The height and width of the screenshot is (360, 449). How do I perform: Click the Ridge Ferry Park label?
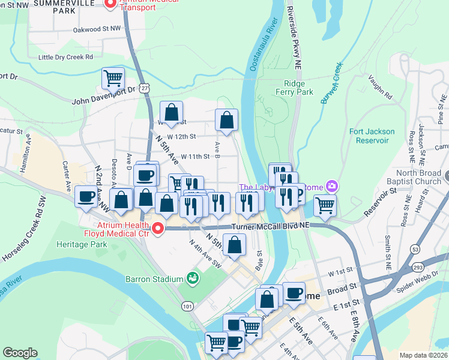point(295,88)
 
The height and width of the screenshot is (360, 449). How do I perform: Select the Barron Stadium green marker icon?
point(193,278)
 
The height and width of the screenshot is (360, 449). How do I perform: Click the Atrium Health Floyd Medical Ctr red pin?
point(158,228)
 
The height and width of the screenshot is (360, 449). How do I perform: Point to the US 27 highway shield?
point(145,88)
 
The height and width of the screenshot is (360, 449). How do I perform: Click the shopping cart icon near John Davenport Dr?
point(113,77)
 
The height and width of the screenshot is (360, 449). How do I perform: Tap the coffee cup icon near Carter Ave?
point(86,197)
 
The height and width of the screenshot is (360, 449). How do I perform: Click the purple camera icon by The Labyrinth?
point(331,187)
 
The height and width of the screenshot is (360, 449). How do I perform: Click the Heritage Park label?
point(82,244)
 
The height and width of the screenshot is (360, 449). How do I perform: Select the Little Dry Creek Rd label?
point(65,57)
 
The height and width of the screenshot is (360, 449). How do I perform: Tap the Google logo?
point(20,353)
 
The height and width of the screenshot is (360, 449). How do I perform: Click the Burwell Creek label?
point(331,83)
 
